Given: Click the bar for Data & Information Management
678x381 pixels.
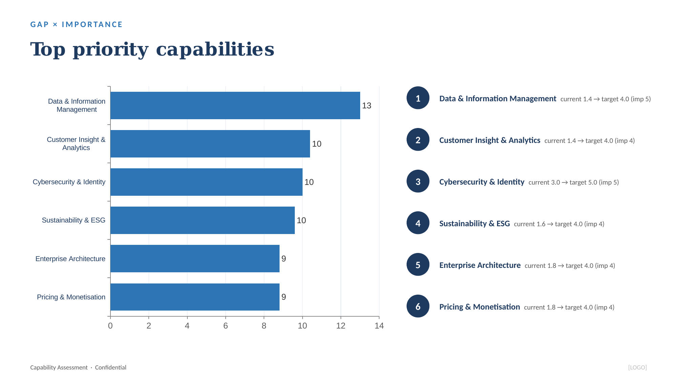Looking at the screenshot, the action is (235, 105).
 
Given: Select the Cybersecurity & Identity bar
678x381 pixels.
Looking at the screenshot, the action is (206, 182).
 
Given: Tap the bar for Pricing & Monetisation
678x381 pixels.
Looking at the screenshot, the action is (195, 297).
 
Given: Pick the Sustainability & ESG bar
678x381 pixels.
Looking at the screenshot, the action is (203, 220).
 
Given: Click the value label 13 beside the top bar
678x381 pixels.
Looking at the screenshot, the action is (367, 106).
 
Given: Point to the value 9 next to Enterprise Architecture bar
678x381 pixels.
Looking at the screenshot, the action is (284, 259).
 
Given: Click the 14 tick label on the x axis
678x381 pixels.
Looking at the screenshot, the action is (379, 326).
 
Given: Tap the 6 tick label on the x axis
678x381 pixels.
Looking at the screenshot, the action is (226, 326).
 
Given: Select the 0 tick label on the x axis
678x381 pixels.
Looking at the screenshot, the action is (110, 326).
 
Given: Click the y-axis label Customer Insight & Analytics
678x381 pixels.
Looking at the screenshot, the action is (76, 144).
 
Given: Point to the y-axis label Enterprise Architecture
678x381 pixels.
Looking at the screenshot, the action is (70, 259).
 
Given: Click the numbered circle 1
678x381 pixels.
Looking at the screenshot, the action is (418, 98).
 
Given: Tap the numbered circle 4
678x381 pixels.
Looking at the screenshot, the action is (418, 223).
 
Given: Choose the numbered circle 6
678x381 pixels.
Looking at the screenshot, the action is (418, 306).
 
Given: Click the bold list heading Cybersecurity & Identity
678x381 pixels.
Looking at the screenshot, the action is (482, 182).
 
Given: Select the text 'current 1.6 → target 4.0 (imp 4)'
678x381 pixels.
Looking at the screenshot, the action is (559, 224).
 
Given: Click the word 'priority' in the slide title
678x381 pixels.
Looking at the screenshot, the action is (111, 50).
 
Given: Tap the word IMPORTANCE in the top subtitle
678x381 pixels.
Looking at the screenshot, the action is (92, 24).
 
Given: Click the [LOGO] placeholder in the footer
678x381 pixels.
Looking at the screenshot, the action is (637, 367).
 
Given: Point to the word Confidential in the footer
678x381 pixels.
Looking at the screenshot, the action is (110, 367).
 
